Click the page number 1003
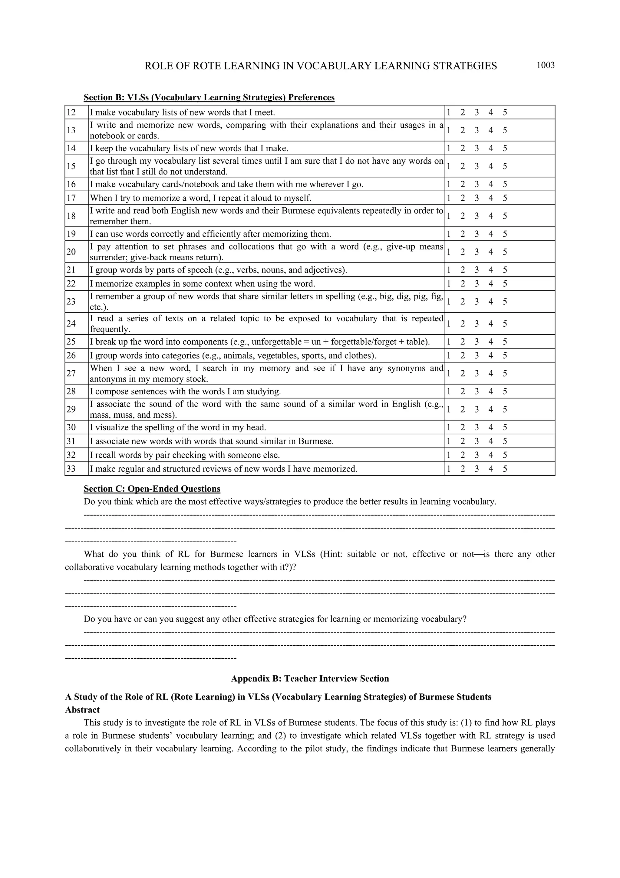coord(545,65)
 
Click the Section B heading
coord(209,98)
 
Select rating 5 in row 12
coord(505,112)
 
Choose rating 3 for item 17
coord(477,198)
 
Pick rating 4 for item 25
coord(490,342)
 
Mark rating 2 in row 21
coord(463,270)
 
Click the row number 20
coord(71,252)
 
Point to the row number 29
coord(71,409)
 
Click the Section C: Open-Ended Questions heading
coord(152,489)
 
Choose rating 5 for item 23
coord(505,302)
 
